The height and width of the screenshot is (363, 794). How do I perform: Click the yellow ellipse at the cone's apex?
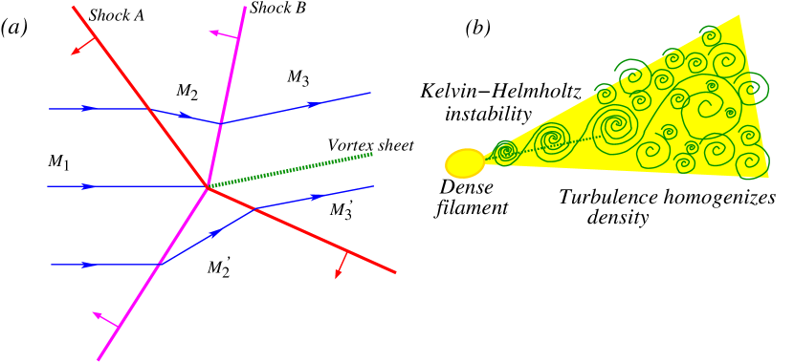pos(465,163)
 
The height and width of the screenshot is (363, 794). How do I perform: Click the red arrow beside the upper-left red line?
pos(83,46)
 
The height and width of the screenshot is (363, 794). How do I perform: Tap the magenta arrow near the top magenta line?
pos(223,35)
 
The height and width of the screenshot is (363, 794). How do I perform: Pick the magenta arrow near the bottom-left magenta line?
pos(104,319)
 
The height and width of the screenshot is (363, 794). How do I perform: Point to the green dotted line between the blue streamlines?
pos(292,168)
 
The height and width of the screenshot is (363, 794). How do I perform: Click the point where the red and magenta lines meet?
pos(208,186)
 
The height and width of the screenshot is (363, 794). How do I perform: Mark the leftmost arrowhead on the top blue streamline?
pos(89,109)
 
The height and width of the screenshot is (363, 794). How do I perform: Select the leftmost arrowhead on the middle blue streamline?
pos(89,186)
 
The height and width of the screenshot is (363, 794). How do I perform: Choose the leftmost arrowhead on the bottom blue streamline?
pos(89,265)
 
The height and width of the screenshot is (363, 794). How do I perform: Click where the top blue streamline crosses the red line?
pos(151,109)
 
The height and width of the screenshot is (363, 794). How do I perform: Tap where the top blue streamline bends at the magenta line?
pos(221,122)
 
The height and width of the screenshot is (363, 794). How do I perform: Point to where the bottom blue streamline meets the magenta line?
pos(159,264)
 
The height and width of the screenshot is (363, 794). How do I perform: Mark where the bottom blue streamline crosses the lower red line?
pos(255,208)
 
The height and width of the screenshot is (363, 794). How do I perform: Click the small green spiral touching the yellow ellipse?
pos(504,152)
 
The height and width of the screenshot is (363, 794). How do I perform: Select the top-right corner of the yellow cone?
pos(739,15)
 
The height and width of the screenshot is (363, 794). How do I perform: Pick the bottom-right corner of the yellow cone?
pos(768,177)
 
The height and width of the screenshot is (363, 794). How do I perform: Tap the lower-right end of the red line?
pos(395,273)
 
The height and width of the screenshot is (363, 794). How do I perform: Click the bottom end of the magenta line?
pos(98,360)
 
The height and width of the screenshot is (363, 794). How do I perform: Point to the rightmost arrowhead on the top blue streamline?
pos(312,104)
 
